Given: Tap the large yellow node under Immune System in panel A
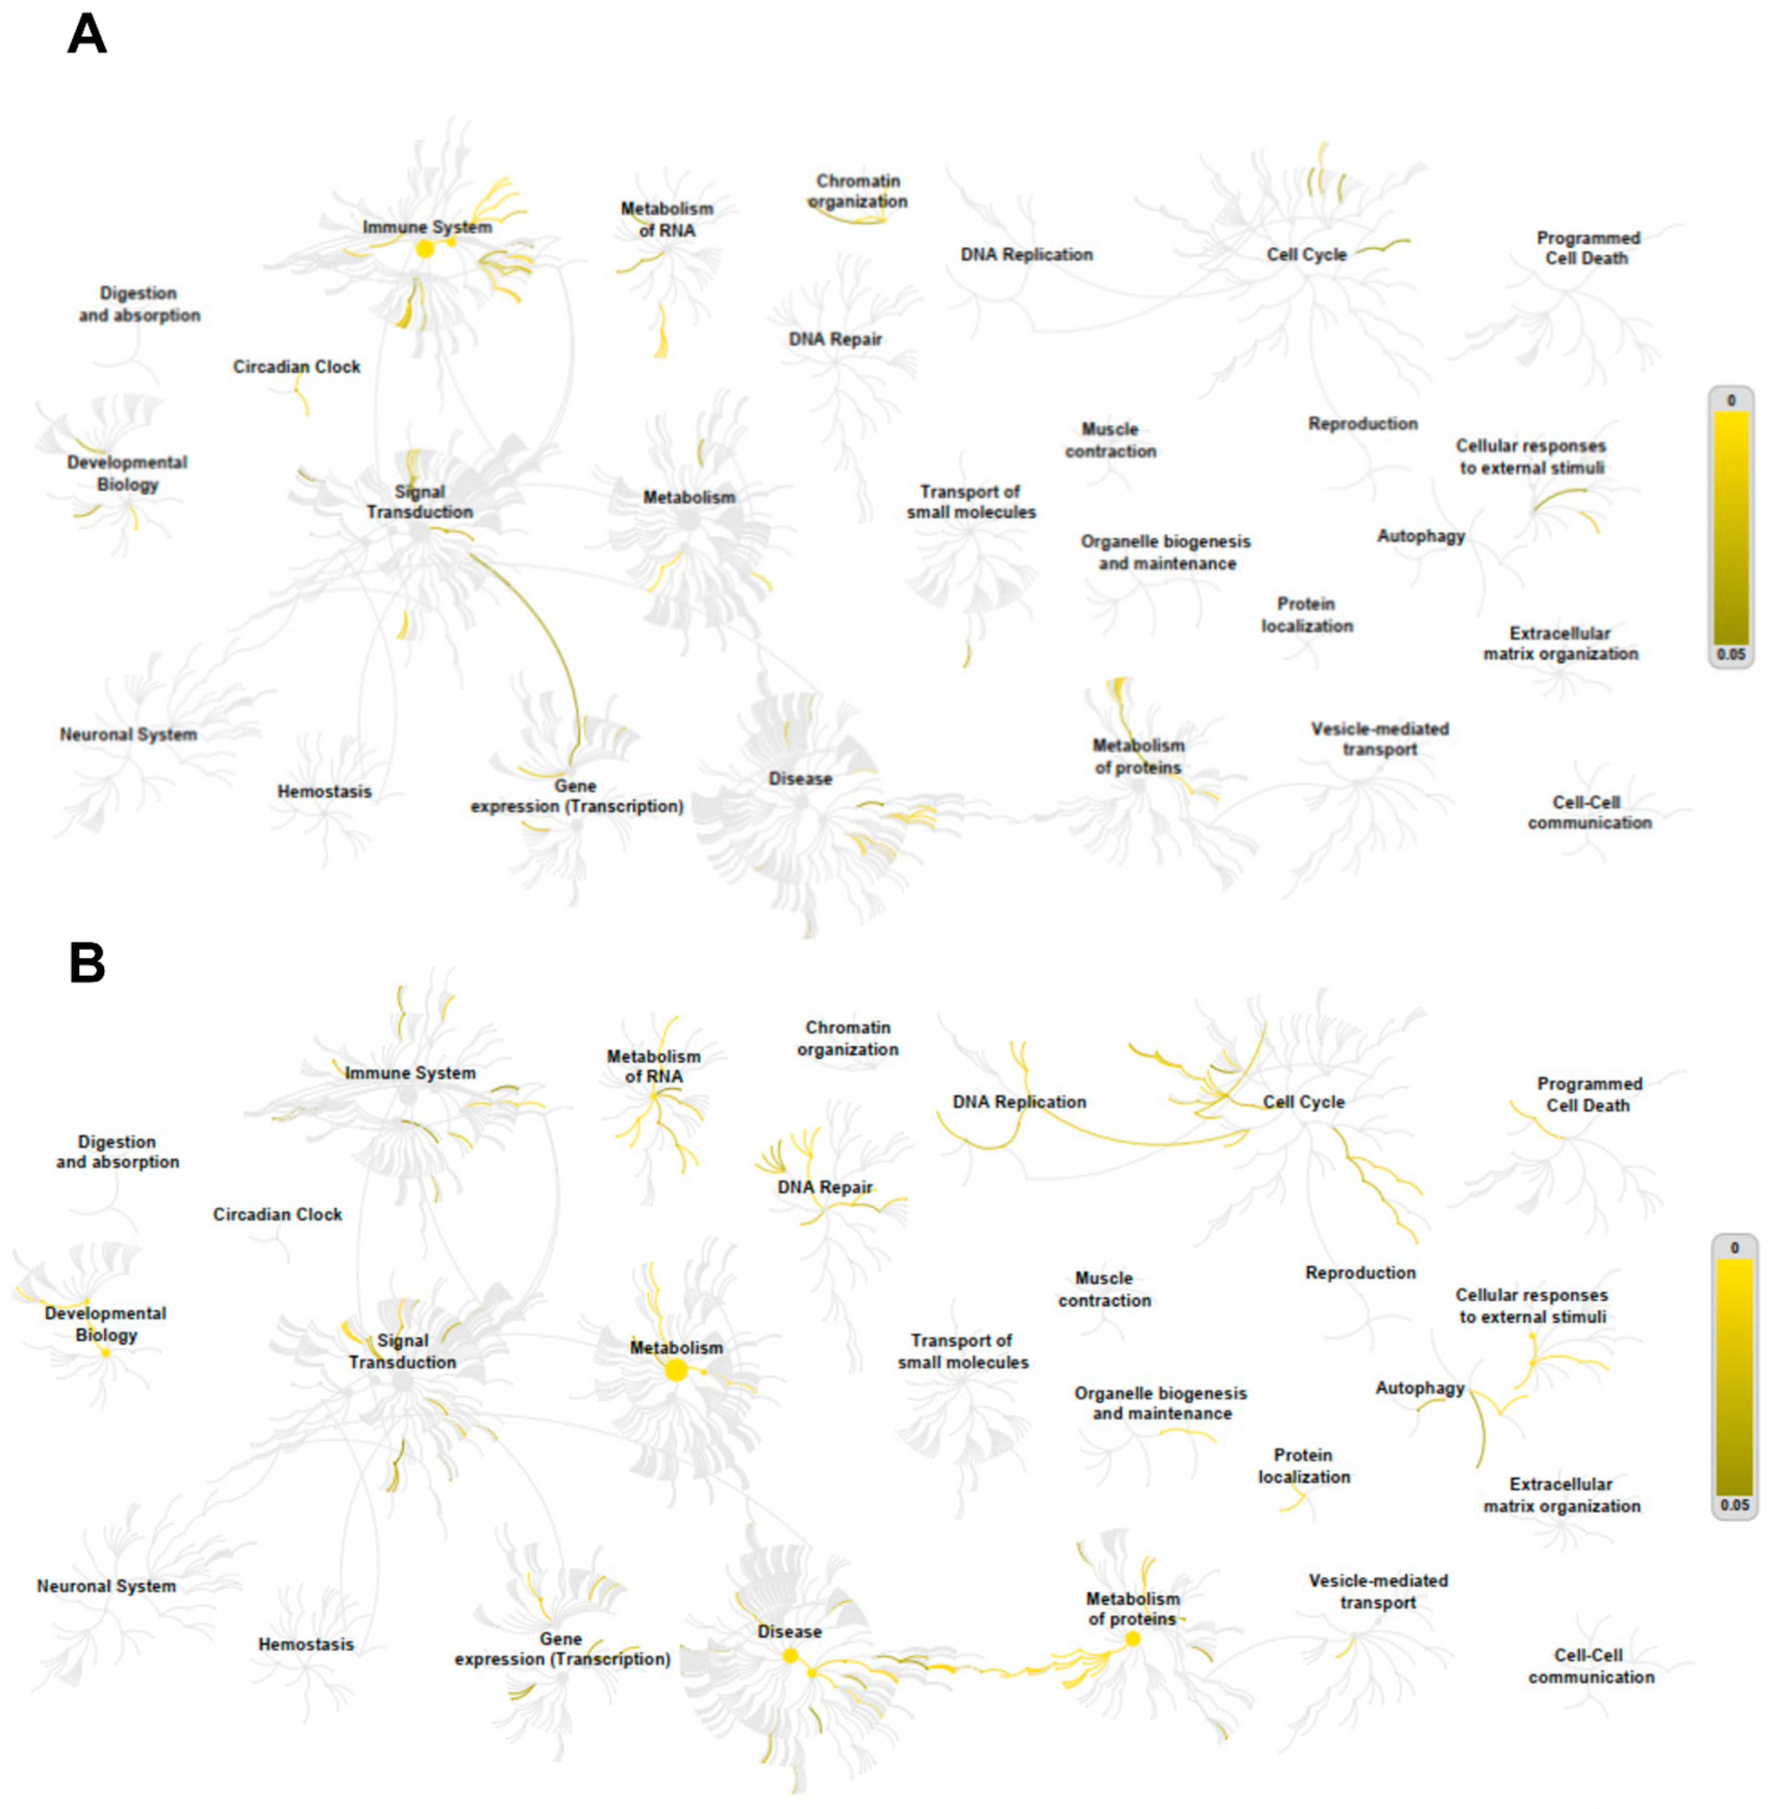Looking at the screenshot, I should [424, 249].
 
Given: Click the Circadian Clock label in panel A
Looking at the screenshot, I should [296, 367].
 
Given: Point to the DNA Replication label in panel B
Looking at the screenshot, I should [1019, 1102].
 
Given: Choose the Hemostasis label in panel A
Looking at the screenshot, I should [324, 792].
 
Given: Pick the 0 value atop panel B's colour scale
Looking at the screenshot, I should [1734, 1248].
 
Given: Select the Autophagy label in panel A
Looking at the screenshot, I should [1421, 536].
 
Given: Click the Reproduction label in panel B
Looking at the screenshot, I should [1360, 1273].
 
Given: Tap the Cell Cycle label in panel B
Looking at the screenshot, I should [1303, 1102].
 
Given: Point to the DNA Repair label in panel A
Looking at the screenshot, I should [835, 339].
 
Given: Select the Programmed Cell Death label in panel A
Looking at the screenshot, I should [1588, 248].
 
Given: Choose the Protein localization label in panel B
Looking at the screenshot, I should [1303, 1466].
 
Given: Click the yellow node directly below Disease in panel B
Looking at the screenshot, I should [791, 1656].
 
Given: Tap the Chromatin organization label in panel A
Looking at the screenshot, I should [858, 191].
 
